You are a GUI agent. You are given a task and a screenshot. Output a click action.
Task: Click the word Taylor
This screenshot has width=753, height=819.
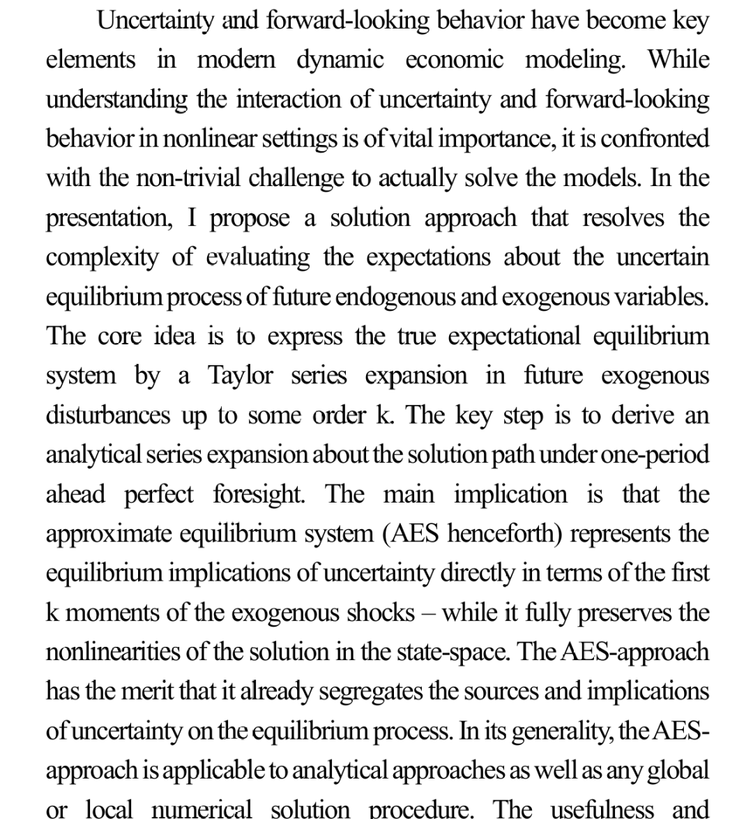coord(241,376)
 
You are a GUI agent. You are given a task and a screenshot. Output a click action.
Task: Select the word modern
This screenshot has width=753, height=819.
coord(237,60)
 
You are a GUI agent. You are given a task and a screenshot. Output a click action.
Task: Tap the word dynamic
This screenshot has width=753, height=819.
coord(340,60)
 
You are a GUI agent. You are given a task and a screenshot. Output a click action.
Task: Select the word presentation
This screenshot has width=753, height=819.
coord(108,219)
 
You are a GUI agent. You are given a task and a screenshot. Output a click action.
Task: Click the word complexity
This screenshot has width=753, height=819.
coord(102,258)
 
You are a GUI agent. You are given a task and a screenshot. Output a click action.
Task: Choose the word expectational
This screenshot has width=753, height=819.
coord(514,337)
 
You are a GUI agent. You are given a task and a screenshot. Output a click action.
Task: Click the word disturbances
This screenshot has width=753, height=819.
coord(108,416)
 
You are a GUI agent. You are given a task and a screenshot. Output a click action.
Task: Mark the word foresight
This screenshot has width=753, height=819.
coord(258,495)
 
